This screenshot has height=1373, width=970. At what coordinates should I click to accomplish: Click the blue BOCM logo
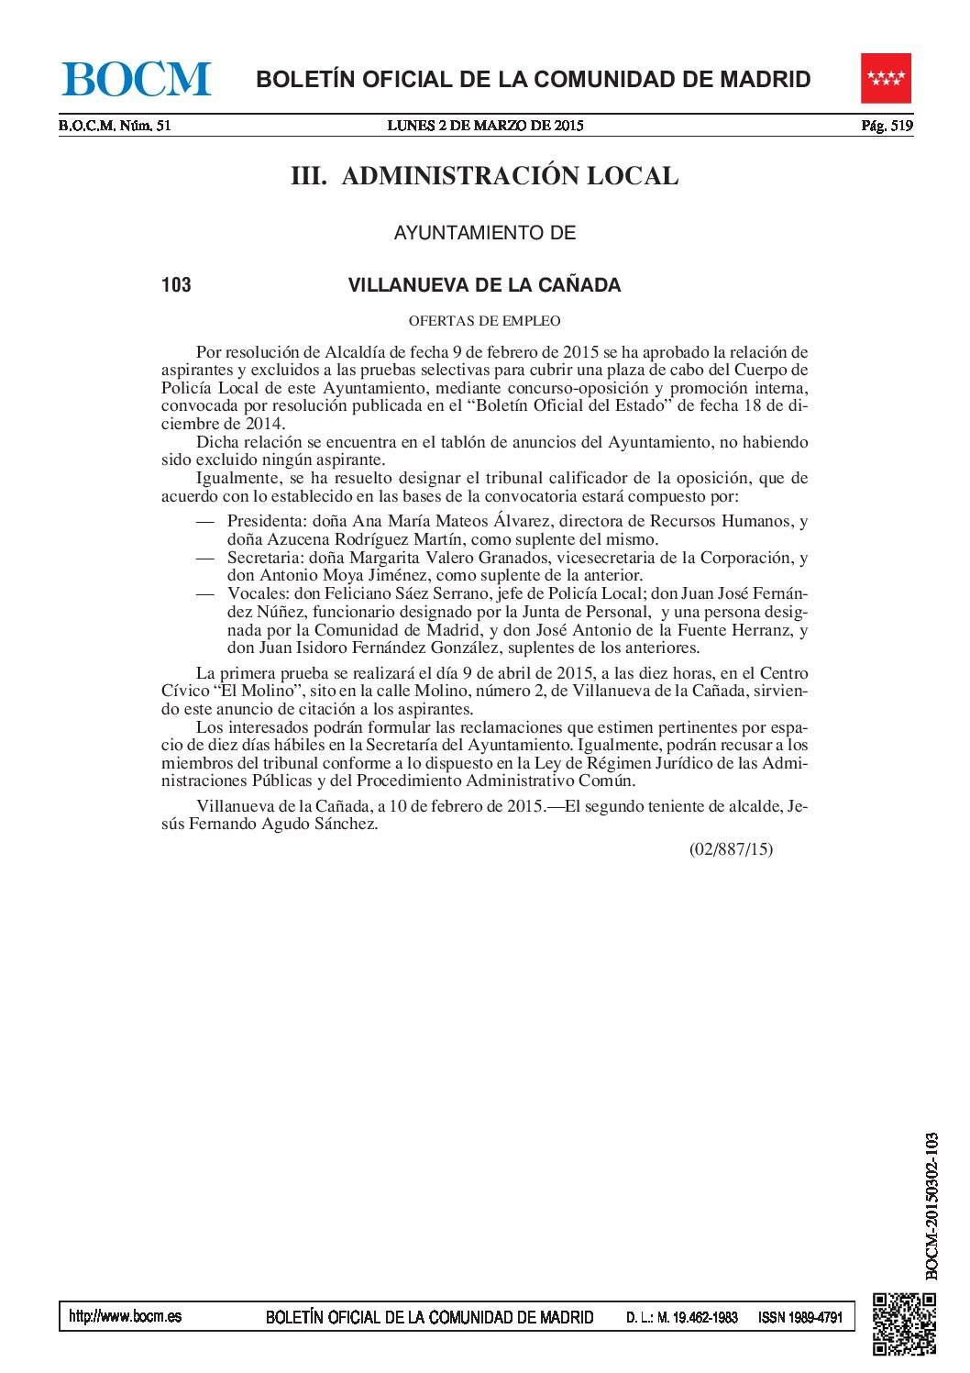pos(137,79)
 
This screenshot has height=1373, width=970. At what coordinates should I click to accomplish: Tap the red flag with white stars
pos(886,80)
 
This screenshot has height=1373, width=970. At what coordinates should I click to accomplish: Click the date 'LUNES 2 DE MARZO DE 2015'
pos(486,127)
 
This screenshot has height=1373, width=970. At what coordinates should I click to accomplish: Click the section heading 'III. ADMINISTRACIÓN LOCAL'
pos(485,177)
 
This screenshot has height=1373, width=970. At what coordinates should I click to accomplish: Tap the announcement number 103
pos(176,285)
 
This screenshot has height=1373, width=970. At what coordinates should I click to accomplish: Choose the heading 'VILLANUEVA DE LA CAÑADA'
pos(484,285)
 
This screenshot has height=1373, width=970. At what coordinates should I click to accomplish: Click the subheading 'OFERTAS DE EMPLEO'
pos(484,321)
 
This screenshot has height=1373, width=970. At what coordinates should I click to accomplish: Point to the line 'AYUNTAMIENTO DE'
pos(484,233)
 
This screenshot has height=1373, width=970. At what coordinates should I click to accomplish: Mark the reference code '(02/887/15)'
pos(731,849)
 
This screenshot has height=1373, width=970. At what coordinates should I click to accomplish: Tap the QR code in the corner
pos(903,1322)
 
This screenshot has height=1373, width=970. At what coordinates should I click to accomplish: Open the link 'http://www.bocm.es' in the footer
pos(126,1317)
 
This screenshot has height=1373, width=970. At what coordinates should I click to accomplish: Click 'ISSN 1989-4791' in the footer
pos(799,1318)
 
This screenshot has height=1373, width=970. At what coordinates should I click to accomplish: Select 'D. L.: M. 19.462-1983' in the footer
pos(682,1318)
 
